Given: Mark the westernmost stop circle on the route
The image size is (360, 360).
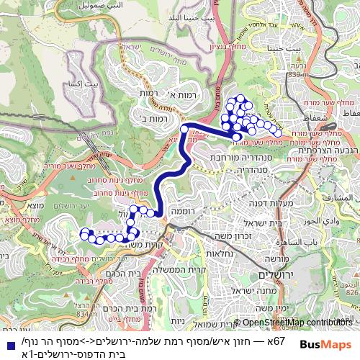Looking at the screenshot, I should (84, 233).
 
